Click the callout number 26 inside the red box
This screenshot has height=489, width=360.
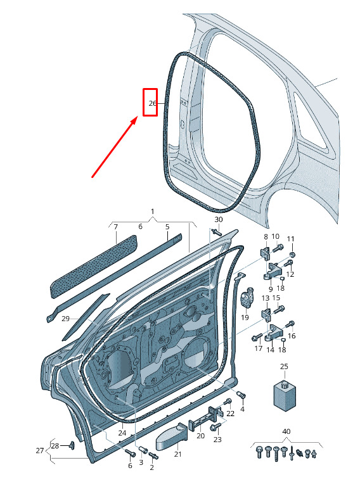pyautogui.click(x=153, y=103)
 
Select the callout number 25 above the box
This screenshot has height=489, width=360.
pyautogui.click(x=284, y=367)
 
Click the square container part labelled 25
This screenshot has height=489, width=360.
pyautogui.click(x=285, y=394)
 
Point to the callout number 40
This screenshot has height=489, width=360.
pyautogui.click(x=286, y=431)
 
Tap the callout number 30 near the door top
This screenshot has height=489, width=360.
pyautogui.click(x=219, y=220)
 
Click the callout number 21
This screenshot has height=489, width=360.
pyautogui.click(x=177, y=454)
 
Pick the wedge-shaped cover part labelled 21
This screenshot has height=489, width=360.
pyautogui.click(x=171, y=436)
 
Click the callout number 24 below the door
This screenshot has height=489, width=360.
pyautogui.click(x=122, y=433)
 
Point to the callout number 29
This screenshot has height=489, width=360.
pyautogui.click(x=65, y=319)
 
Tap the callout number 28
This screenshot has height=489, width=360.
pyautogui.click(x=55, y=446)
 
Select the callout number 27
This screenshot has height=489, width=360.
pyautogui.click(x=40, y=450)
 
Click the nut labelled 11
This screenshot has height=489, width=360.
pyautogui.click(x=292, y=255)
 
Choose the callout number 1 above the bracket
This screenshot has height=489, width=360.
pyautogui.click(x=153, y=212)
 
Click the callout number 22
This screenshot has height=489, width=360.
pyautogui.click(x=230, y=414)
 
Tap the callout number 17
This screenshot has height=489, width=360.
pyautogui.click(x=259, y=348)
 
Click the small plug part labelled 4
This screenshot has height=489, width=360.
pyautogui.click(x=241, y=395)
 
